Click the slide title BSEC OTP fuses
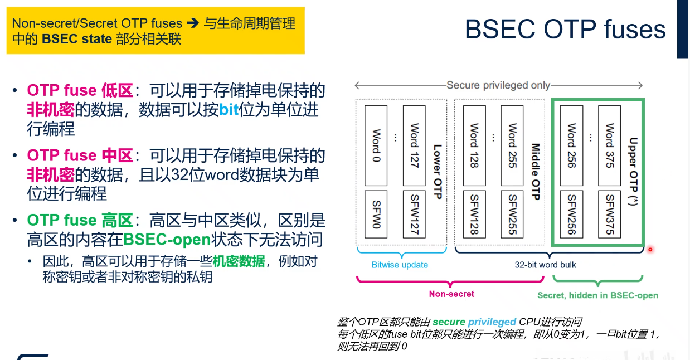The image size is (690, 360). pyautogui.click(x=565, y=29)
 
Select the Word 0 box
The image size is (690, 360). pyautogui.click(x=376, y=145)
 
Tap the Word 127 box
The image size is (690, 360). pyautogui.click(x=414, y=145)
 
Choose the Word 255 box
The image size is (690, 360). pyautogui.click(x=512, y=145)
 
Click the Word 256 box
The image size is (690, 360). pyautogui.click(x=571, y=145)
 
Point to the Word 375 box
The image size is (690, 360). pyautogui.click(x=610, y=145)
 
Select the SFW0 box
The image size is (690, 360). pyautogui.click(x=376, y=213)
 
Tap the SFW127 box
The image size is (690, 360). pyautogui.click(x=414, y=213)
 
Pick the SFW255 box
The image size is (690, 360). pyautogui.click(x=512, y=215)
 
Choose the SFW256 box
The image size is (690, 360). pyautogui.click(x=571, y=215)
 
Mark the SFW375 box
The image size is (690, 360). pyautogui.click(x=610, y=215)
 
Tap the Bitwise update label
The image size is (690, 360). pyautogui.click(x=400, y=265)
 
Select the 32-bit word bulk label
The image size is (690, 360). pyautogui.click(x=545, y=265)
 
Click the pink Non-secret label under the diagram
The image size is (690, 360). pyautogui.click(x=451, y=294)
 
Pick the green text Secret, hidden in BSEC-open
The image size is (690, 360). pyautogui.click(x=597, y=295)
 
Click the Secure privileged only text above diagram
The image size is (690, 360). pyautogui.click(x=498, y=85)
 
